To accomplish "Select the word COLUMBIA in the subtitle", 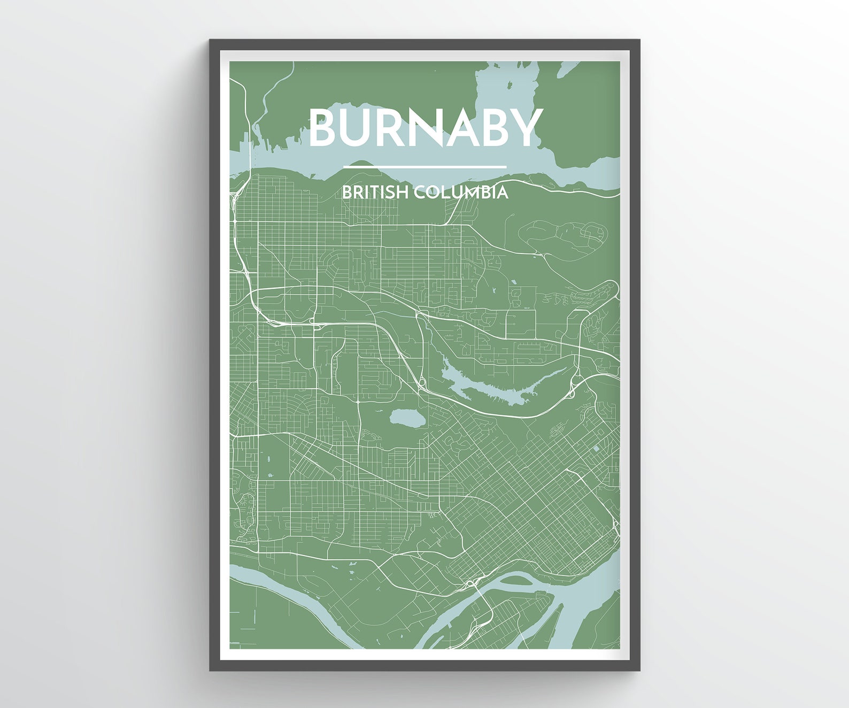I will pyautogui.click(x=461, y=192).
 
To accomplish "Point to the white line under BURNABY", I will pyautogui.click(x=424, y=167).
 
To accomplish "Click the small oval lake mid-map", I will pyautogui.click(x=407, y=417).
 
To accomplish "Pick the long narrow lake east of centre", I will pyautogui.click(x=497, y=388).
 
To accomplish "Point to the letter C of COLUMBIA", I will pyautogui.click(x=420, y=192).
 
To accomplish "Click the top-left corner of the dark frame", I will pyautogui.click(x=211, y=41).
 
